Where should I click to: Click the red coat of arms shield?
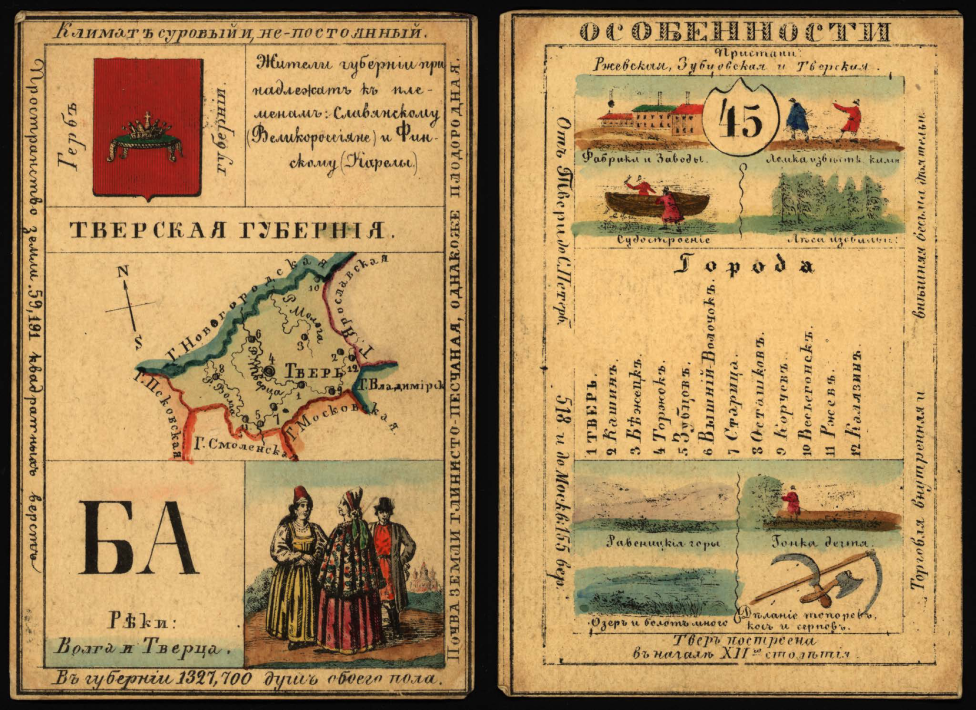tap(147, 127)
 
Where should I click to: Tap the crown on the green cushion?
tap(146, 140)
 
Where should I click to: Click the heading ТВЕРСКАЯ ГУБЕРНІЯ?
tap(226, 231)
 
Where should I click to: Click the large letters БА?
tap(139, 538)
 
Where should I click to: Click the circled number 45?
tap(739, 121)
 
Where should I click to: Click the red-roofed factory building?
tap(687, 119)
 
